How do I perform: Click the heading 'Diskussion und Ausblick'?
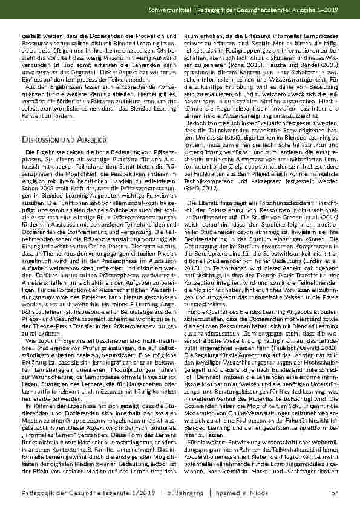pos(62,140)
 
